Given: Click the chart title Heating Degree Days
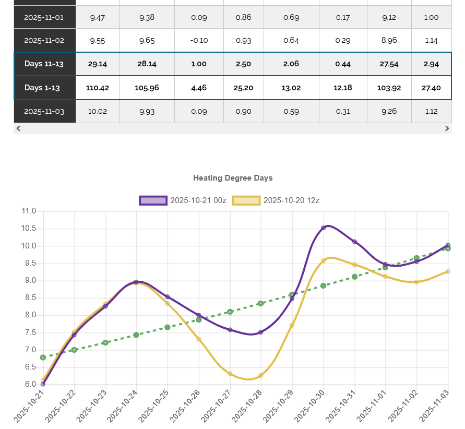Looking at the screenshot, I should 233,178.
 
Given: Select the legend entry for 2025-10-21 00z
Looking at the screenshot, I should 183,200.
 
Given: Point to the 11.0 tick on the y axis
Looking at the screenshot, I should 29,211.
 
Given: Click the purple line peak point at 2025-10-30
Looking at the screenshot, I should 324,228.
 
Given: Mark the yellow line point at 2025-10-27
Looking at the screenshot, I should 230,374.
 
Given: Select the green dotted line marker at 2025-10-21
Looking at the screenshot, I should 43,357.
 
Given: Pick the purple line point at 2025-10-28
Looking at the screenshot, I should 261,332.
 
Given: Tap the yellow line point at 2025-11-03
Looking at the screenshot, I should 448,271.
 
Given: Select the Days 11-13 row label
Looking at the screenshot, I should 44,64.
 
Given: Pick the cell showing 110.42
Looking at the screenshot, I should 98,88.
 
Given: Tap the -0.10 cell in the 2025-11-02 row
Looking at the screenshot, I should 199,40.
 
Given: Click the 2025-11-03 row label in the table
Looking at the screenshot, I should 44,111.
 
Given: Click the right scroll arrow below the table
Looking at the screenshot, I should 447,128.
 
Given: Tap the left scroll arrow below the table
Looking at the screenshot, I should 19,128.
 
